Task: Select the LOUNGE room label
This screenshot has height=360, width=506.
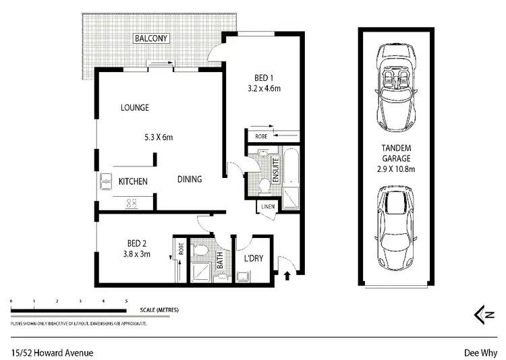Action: click(135, 107)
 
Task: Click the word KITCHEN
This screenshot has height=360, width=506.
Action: click(134, 181)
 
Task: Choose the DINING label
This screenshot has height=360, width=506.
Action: click(190, 179)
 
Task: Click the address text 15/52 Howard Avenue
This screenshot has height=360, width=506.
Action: click(52, 352)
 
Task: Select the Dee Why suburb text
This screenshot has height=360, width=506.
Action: click(480, 352)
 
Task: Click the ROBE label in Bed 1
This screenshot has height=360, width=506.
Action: click(261, 136)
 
